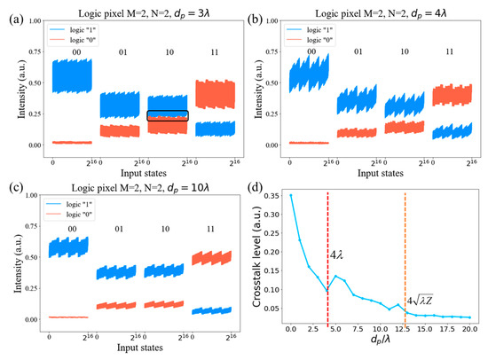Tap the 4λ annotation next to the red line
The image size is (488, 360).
339,255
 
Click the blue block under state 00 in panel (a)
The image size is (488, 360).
73,76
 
